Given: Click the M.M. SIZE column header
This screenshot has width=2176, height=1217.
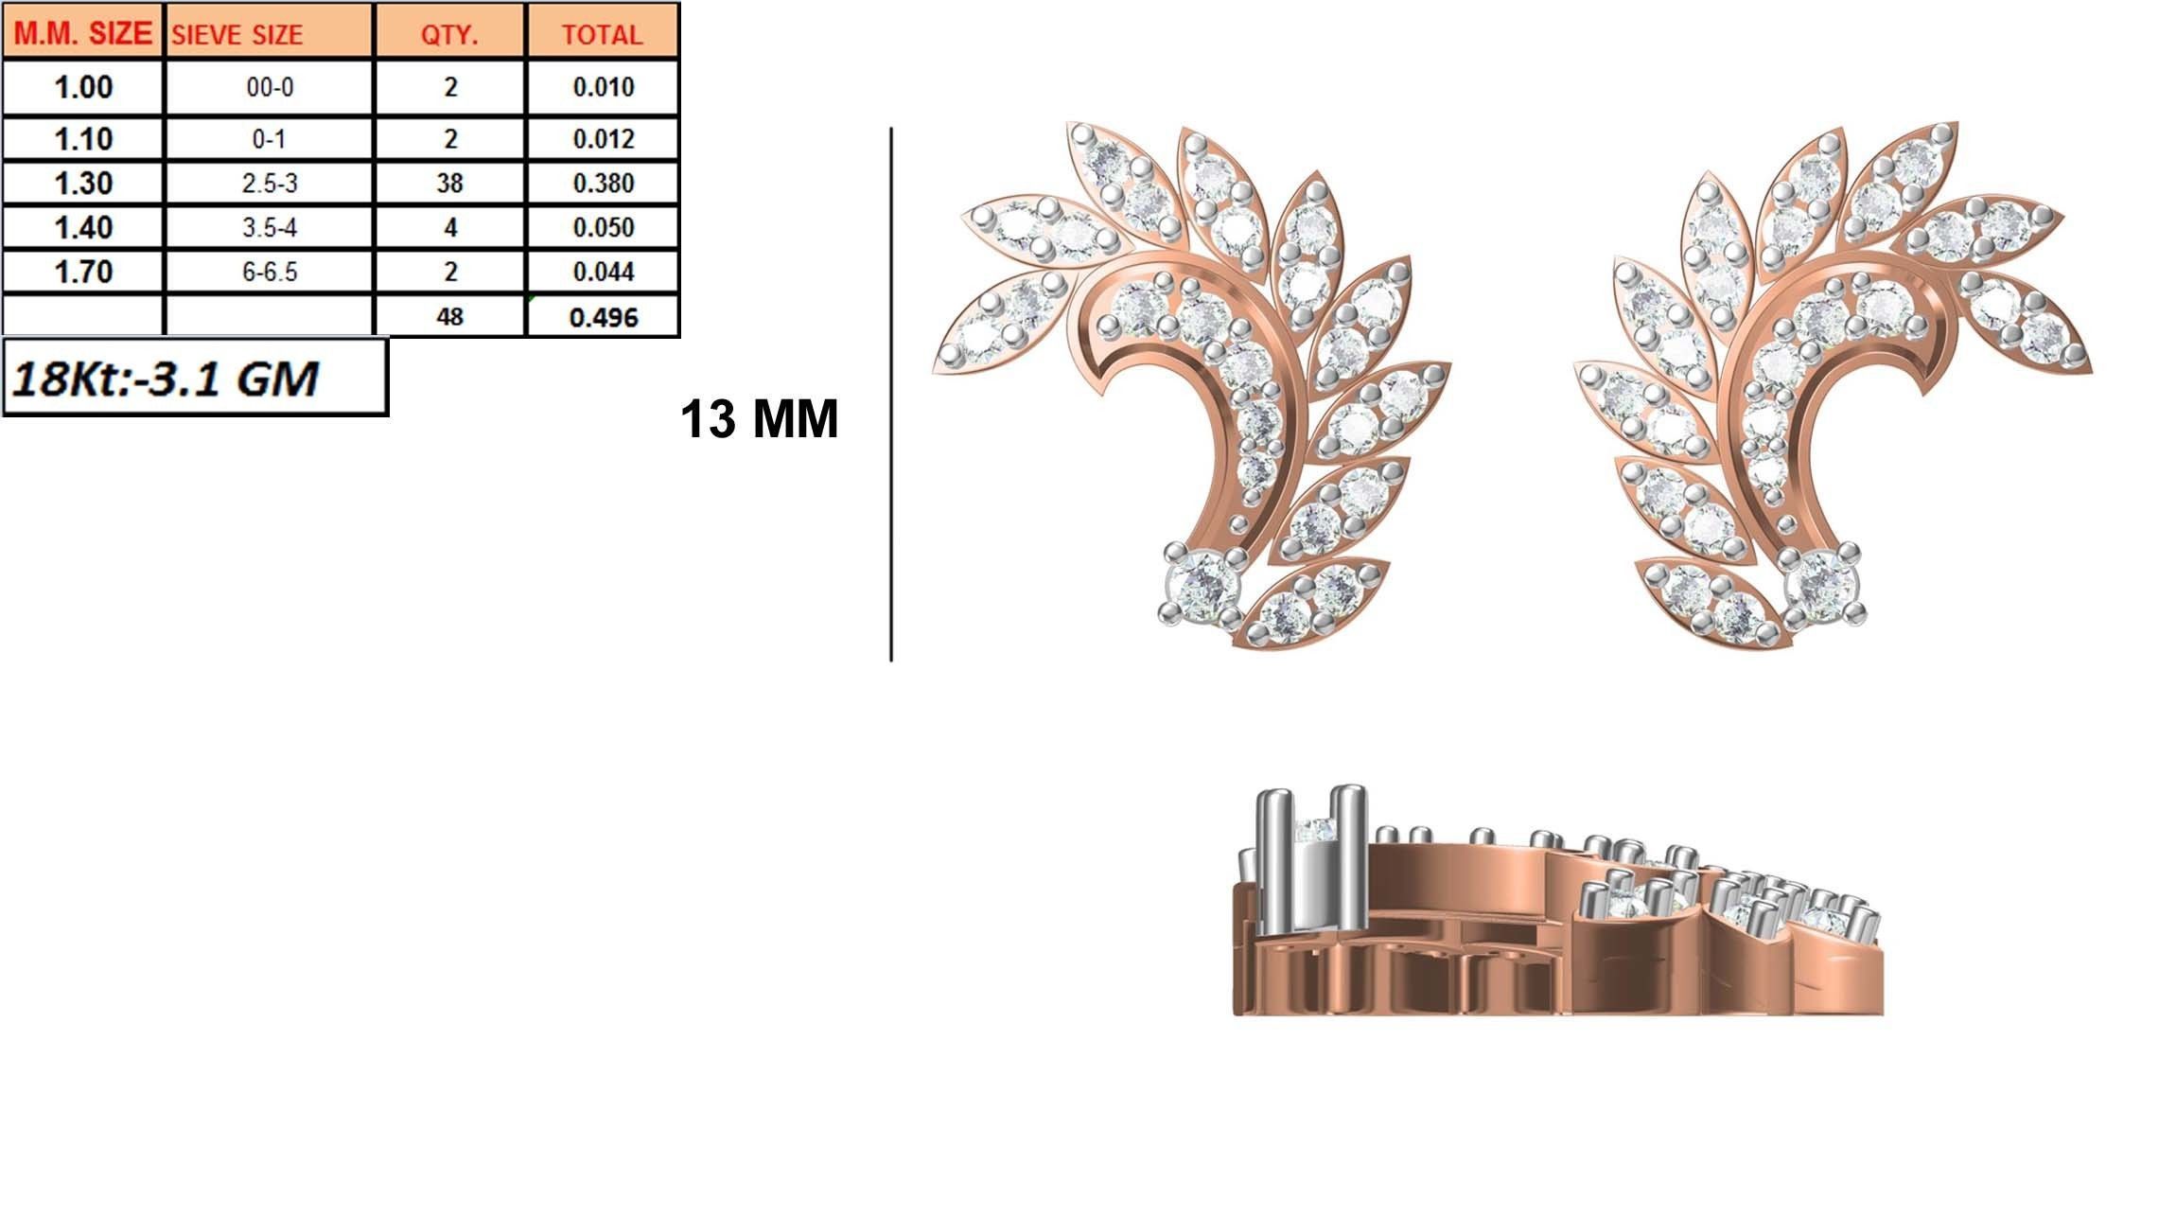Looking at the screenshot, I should [83, 34].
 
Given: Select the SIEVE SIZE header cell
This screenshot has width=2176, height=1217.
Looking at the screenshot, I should [237, 35].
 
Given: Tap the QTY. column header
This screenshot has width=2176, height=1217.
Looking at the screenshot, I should [449, 35].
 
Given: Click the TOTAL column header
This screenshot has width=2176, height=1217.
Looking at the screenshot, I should [603, 35].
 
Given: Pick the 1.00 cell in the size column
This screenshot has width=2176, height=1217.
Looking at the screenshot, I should [83, 87].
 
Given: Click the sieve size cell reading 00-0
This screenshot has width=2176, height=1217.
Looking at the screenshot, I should [270, 87].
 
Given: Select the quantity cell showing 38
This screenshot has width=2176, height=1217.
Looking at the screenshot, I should [449, 183].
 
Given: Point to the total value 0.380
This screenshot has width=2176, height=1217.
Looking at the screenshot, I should [603, 183].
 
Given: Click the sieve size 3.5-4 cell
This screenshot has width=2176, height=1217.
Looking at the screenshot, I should [270, 227].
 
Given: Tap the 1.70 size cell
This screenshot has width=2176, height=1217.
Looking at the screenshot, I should [83, 272].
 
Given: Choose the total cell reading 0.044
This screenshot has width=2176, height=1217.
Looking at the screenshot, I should [603, 272].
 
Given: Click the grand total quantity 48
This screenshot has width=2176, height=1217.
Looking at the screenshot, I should [449, 316].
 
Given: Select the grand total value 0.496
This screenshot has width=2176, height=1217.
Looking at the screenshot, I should [603, 317].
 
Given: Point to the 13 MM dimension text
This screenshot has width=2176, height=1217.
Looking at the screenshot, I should [759, 418].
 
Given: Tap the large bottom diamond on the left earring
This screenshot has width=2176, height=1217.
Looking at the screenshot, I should [1202, 585].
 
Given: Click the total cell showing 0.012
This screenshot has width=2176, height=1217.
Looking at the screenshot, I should [603, 139].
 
